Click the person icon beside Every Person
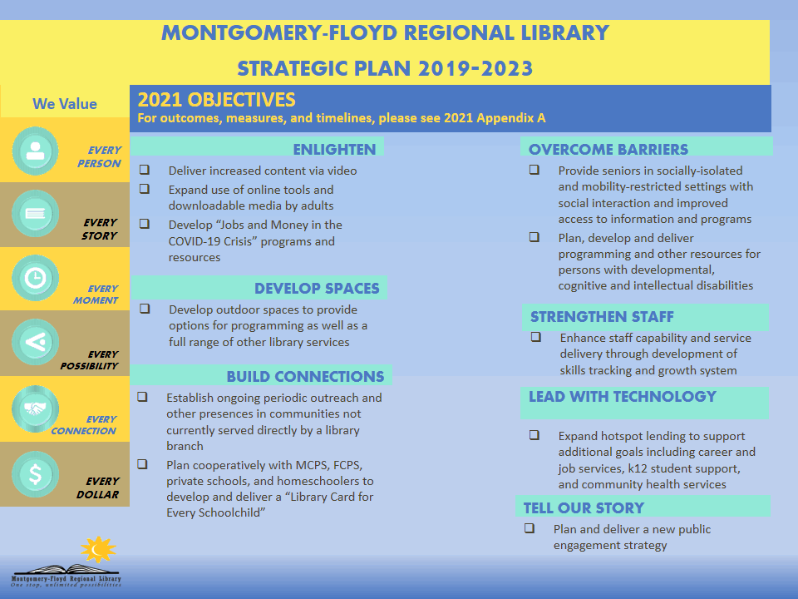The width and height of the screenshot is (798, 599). point(35,151)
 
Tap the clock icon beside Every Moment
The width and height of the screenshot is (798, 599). point(35,279)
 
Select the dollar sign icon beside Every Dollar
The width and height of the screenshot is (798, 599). point(35,475)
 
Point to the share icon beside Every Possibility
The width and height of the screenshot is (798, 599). point(35,341)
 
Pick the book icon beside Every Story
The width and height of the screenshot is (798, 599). point(35,214)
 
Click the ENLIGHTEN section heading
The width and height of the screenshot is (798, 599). point(334,150)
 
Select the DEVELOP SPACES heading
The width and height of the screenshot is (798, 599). point(317,289)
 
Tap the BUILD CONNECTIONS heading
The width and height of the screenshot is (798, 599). point(305,377)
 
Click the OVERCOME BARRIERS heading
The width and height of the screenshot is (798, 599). point(608,150)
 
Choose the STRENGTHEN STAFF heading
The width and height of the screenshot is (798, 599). point(602,317)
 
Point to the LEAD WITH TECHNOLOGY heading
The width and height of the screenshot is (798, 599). point(622,397)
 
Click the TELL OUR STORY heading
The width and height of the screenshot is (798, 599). point(584,507)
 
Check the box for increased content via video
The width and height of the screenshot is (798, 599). point(145,170)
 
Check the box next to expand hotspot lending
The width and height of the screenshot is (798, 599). point(534,435)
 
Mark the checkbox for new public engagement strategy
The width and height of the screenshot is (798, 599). point(529,528)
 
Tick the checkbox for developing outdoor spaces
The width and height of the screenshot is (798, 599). point(145,309)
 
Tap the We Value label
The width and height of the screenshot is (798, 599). point(65,104)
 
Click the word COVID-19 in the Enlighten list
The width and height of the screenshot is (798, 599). point(198,241)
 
